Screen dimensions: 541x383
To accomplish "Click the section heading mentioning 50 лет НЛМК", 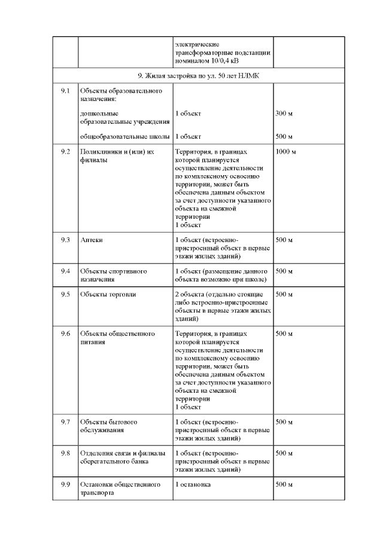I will click(x=199, y=77).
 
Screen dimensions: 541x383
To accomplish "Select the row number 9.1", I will click(x=65, y=91).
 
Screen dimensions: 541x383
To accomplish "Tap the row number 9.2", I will click(x=65, y=152).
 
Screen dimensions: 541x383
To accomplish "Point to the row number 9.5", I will click(x=65, y=294).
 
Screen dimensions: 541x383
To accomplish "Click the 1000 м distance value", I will click(x=286, y=152).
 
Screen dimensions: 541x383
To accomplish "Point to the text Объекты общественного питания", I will click(x=117, y=338).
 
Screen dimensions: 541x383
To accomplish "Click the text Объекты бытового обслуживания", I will click(x=109, y=426).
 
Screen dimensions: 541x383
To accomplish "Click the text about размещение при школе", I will click(x=223, y=275).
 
